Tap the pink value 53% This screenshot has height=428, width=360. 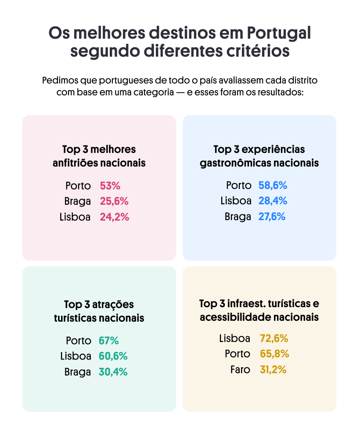pos(109,186)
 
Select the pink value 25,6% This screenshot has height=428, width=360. pos(114,201)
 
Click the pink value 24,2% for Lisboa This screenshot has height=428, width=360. pos(115,217)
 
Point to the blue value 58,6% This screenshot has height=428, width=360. pos(273,185)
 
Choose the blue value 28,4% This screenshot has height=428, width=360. pos(273,201)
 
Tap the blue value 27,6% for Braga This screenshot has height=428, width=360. pos(272,217)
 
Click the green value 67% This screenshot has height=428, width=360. pos(109,341)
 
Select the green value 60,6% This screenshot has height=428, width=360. pos(113,356)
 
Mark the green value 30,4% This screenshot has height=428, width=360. pos(113,372)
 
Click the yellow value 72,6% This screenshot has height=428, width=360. pos(274,338)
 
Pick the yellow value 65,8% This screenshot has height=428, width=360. pos(274,354)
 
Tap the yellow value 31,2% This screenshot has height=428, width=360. pos(273,370)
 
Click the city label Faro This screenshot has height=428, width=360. pos(240,370)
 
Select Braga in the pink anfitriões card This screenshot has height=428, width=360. pos(78,201)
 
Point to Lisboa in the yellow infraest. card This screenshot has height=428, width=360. pos(235,338)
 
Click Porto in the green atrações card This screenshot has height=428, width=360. pos(79,341)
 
